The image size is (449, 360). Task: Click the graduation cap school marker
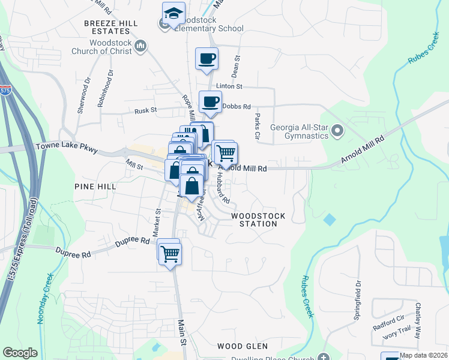click(x=173, y=14)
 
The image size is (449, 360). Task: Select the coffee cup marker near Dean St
click(x=207, y=59)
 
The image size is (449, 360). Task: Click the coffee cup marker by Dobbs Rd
click(x=210, y=101)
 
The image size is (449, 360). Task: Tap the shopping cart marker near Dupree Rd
click(x=170, y=254)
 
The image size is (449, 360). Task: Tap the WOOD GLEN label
click(x=238, y=346)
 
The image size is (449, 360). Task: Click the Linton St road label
click(x=229, y=87)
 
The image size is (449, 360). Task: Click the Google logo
click(x=20, y=353)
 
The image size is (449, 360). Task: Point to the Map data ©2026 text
click(x=424, y=355)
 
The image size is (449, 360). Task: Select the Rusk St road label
click(x=145, y=110)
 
